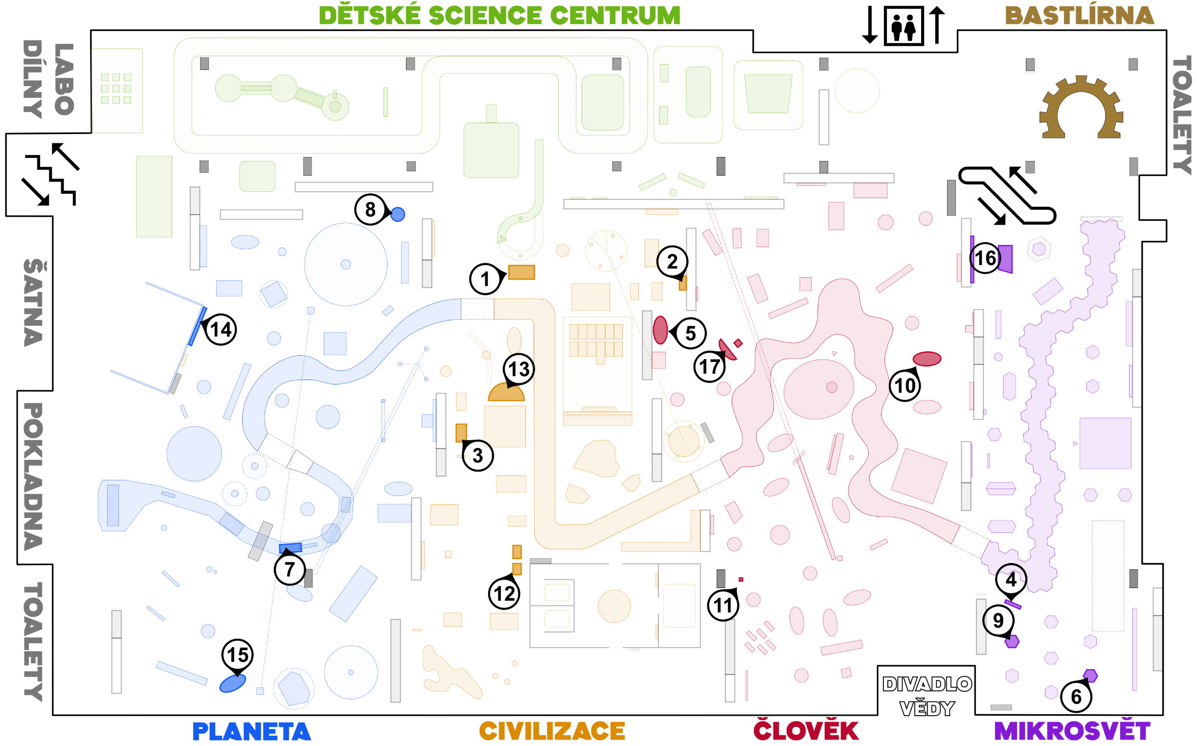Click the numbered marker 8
pyautogui.click(x=370, y=210)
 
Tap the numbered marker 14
pyautogui.click(x=221, y=330)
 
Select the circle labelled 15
pyautogui.click(x=238, y=655)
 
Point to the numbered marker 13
pyautogui.click(x=519, y=369)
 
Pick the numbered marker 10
pyautogui.click(x=905, y=386)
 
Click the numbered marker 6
pyautogui.click(x=1076, y=697)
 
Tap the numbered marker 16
pyautogui.click(x=985, y=258)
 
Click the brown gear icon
pyautogui.click(x=1081, y=109)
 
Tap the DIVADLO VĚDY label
pyautogui.click(x=926, y=696)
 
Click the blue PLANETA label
pyautogui.click(x=251, y=731)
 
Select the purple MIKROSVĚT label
pyautogui.click(x=1072, y=731)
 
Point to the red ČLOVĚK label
pyautogui.click(x=806, y=731)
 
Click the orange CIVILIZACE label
pyautogui.click(x=552, y=731)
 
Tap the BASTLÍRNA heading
pyautogui.click(x=1080, y=16)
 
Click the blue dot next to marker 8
pyautogui.click(x=398, y=215)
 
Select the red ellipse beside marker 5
pyautogui.click(x=660, y=330)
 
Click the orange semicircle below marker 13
pyautogui.click(x=506, y=392)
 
